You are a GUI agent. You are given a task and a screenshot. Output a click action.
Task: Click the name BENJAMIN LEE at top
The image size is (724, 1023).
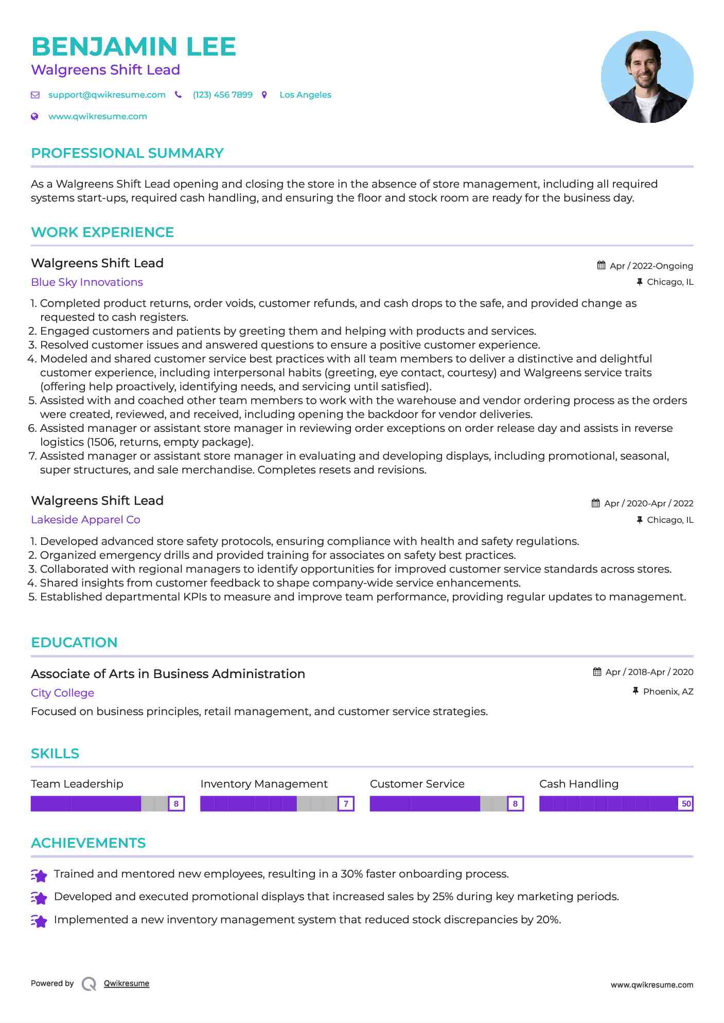133,47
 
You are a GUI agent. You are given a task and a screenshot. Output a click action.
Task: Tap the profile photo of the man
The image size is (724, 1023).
647,77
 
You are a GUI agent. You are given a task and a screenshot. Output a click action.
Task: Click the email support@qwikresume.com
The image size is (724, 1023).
107,95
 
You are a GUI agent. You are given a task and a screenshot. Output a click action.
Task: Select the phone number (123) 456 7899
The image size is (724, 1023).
222,95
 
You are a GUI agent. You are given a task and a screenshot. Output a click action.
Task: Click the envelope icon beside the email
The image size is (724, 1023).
35,95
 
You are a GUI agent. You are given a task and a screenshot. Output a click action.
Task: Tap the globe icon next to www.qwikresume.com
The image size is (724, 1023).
34,117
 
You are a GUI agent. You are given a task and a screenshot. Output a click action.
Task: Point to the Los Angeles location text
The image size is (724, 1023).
305,95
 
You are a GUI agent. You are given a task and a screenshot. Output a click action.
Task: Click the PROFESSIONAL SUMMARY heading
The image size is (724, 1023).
127,153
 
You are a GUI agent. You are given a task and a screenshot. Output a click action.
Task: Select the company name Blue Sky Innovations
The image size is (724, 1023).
87,282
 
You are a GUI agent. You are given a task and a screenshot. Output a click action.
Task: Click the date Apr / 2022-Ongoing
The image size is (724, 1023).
651,266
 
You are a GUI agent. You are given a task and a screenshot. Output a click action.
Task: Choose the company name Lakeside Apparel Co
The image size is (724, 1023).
85,520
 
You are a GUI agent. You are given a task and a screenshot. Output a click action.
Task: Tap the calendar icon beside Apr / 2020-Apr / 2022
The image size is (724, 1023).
595,503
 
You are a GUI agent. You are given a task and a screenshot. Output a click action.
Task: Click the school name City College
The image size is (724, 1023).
62,693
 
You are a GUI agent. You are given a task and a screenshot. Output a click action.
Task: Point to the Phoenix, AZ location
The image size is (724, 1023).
668,692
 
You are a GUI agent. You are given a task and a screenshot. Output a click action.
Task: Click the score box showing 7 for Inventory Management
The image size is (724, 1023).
346,803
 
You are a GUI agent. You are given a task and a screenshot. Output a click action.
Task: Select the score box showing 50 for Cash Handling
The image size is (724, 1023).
686,803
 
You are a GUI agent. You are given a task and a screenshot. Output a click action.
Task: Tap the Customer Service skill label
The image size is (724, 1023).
417,784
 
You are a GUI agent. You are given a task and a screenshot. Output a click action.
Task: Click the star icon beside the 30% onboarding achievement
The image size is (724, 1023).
39,875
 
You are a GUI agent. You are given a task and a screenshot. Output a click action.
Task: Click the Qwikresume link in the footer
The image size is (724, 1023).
127,983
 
